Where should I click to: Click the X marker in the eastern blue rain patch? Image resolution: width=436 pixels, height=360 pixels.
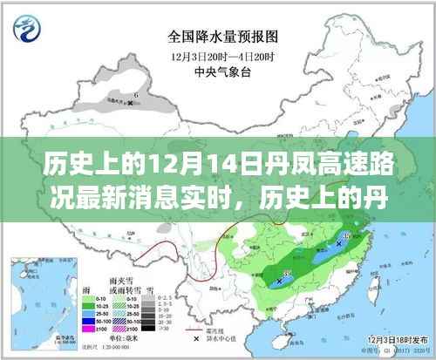(x=338, y=255)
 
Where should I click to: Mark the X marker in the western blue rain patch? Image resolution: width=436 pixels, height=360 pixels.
(x=280, y=279)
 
